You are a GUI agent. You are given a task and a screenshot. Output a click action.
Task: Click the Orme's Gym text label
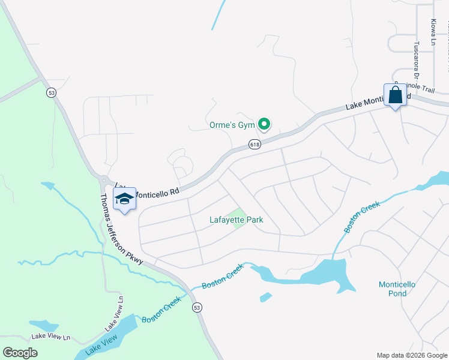232,125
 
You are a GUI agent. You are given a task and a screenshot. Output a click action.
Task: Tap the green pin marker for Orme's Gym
264,124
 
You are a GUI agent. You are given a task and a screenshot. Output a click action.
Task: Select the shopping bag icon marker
396,95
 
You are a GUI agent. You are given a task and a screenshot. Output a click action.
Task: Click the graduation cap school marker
124,200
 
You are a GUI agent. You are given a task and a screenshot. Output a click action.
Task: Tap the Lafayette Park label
236,220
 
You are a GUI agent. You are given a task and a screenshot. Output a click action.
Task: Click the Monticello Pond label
401,289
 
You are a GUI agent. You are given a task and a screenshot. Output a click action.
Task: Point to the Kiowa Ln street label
433,32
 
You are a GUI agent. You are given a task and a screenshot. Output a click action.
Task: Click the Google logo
20,353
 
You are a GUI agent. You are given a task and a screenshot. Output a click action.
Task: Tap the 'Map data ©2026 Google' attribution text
412,355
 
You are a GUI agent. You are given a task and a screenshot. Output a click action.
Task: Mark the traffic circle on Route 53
104,180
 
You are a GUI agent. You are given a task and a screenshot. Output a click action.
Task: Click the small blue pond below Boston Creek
265,297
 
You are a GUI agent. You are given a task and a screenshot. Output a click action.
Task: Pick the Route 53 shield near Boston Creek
196,307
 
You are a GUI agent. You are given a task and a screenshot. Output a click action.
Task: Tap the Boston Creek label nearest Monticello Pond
363,217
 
